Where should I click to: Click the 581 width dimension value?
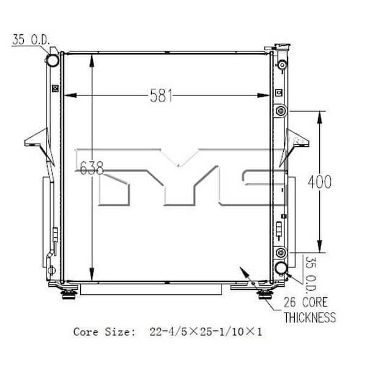pos(161,95)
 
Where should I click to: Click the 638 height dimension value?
pos(91,167)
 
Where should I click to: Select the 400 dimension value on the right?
pos(319,182)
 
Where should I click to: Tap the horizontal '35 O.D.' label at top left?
pos(32,41)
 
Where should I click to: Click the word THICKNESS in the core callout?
pos(310,317)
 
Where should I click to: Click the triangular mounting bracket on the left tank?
pos(35,139)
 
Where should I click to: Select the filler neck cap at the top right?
pos(283,49)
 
